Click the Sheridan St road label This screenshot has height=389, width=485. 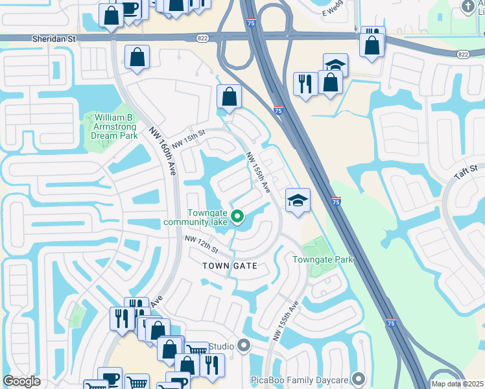pos(54,39)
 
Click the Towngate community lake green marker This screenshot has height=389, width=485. pos(237,217)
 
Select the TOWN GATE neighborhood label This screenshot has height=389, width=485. pos(230,266)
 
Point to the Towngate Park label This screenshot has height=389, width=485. pos(322,259)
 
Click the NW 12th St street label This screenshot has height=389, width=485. pos(200,245)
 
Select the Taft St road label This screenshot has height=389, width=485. pos(464,173)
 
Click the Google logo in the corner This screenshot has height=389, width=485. pos(21,381)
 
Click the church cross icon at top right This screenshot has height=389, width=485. pos(468,6)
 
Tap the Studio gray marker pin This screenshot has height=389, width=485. pos(244,345)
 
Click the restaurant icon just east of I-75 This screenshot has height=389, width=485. pos(305,83)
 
